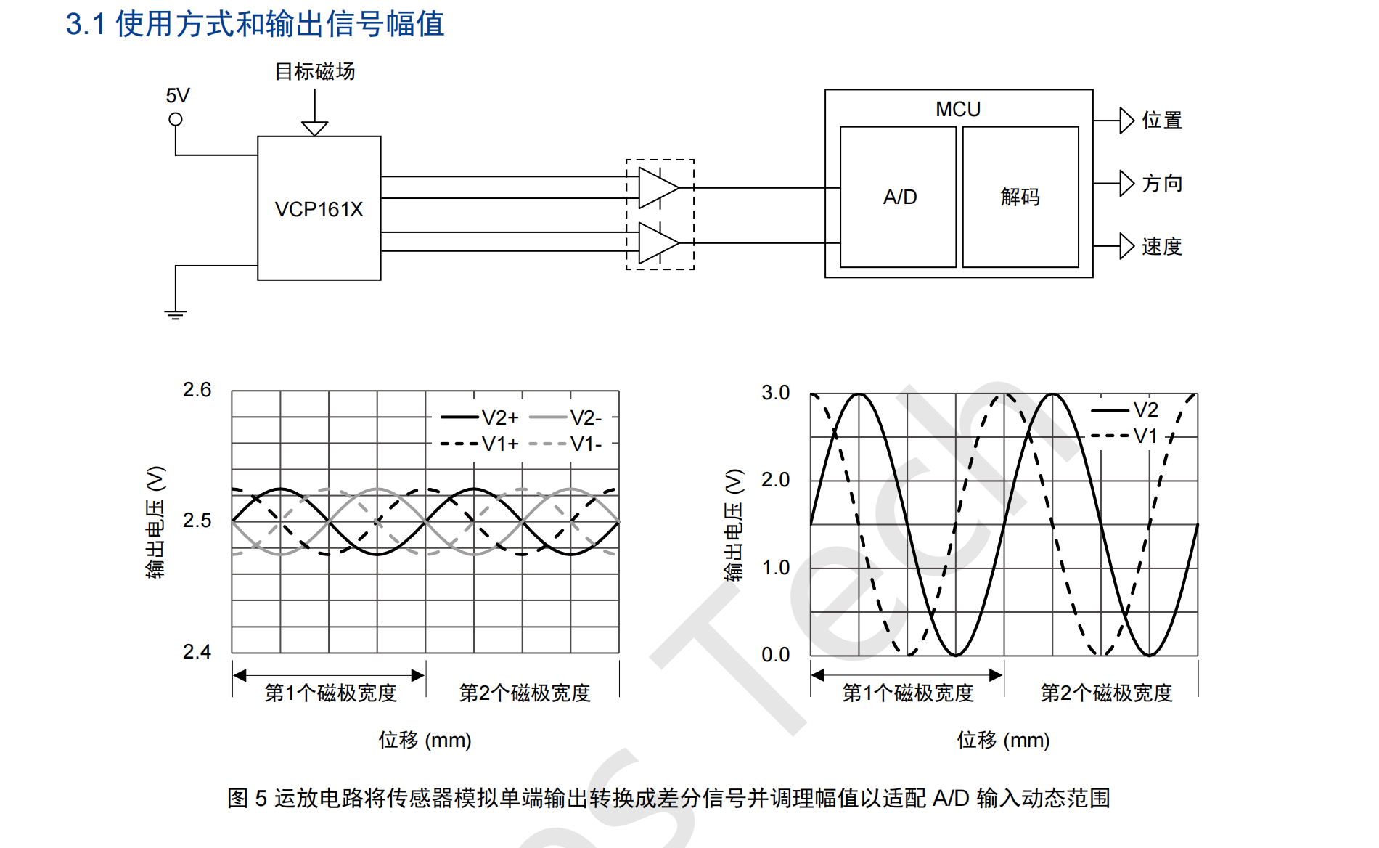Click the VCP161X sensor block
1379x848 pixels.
point(319,208)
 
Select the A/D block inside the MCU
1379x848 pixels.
point(899,197)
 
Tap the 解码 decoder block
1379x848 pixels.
point(1020,197)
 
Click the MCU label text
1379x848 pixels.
point(957,109)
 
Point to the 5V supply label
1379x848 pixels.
point(178,96)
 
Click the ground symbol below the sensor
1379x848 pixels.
point(175,314)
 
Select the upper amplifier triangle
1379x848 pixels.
point(656,187)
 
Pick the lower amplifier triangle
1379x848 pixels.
point(656,242)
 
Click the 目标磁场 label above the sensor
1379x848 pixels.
point(315,71)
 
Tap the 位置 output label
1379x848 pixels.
point(1161,121)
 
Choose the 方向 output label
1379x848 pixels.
point(1161,184)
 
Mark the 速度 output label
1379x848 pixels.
point(1161,247)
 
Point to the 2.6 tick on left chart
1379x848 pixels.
point(197,390)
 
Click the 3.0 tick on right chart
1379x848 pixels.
point(775,393)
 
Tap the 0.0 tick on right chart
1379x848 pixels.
point(775,655)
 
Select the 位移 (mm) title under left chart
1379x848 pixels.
point(425,740)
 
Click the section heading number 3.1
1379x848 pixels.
point(86,24)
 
